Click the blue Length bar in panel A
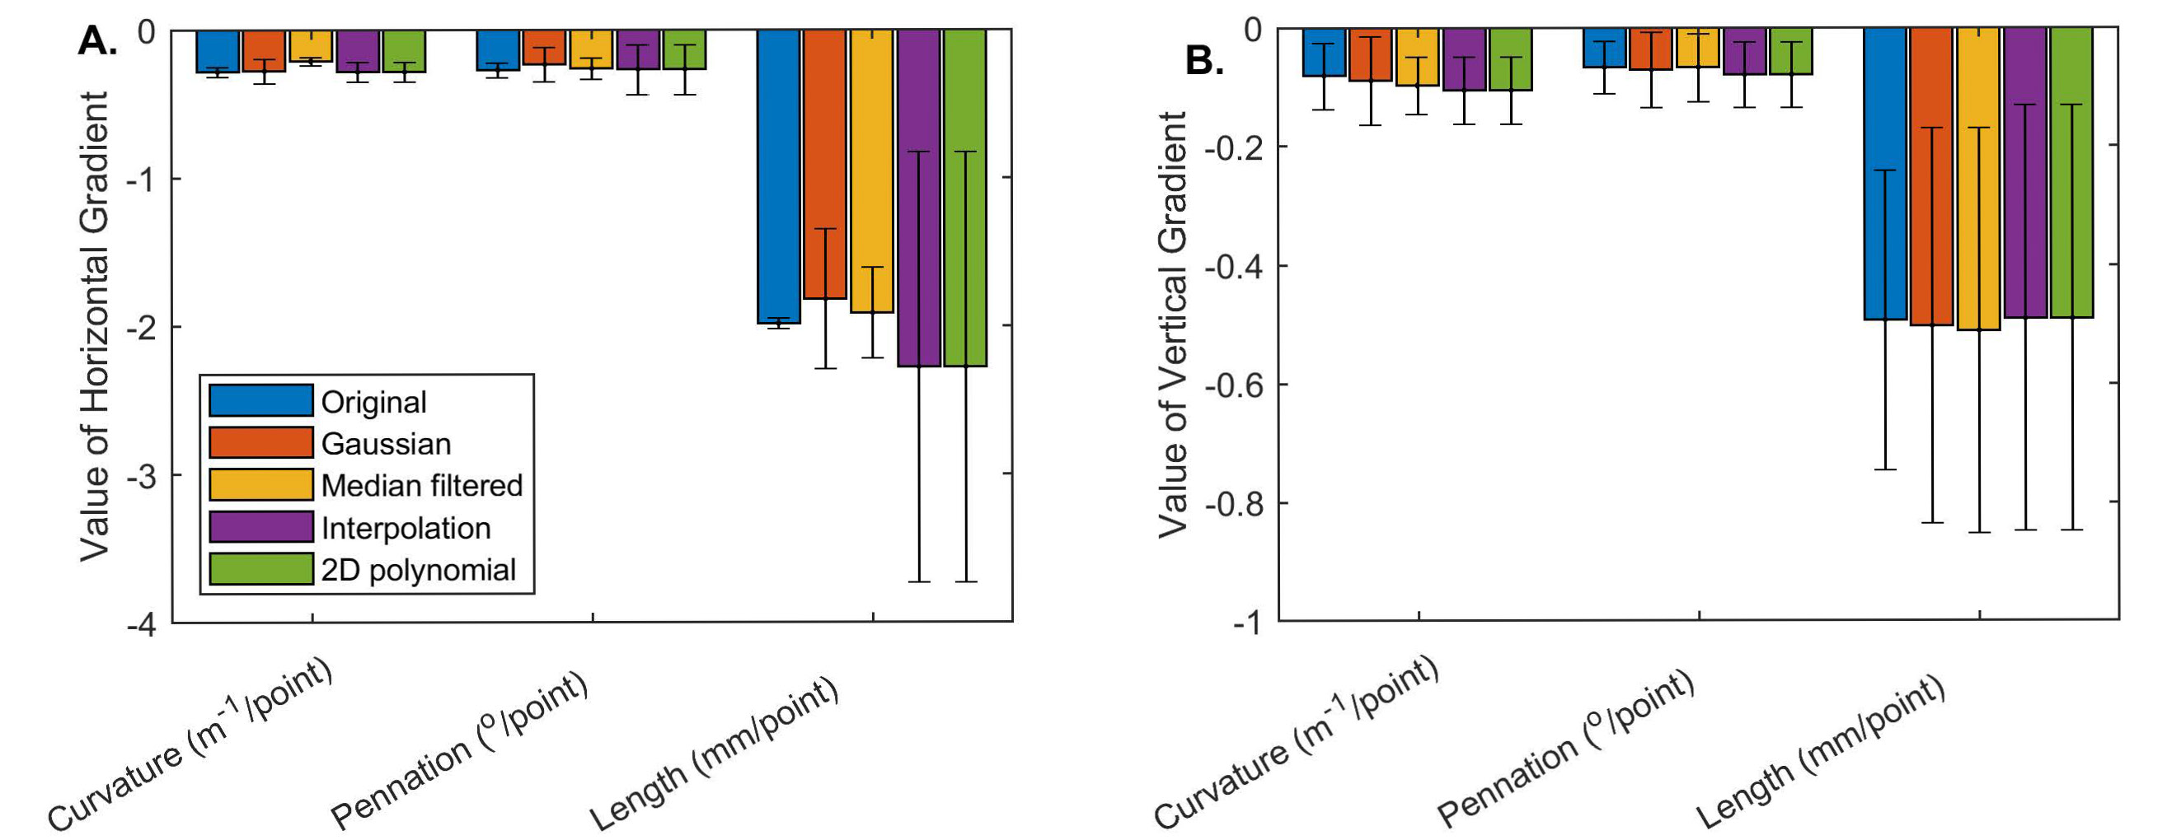(x=778, y=176)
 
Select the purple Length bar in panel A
(x=918, y=198)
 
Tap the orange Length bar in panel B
(x=1931, y=176)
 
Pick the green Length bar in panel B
(x=2072, y=172)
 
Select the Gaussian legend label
(x=386, y=444)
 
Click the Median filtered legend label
(x=421, y=486)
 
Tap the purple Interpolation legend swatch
(x=260, y=527)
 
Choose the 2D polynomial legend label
(x=418, y=570)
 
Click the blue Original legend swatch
(x=260, y=401)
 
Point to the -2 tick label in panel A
(x=140, y=327)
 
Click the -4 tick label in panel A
(x=140, y=625)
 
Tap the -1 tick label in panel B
(x=1246, y=623)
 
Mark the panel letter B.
(x=1203, y=61)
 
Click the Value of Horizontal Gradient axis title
(x=95, y=326)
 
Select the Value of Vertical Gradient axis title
(x=1173, y=324)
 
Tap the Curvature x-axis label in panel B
(x=1297, y=744)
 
